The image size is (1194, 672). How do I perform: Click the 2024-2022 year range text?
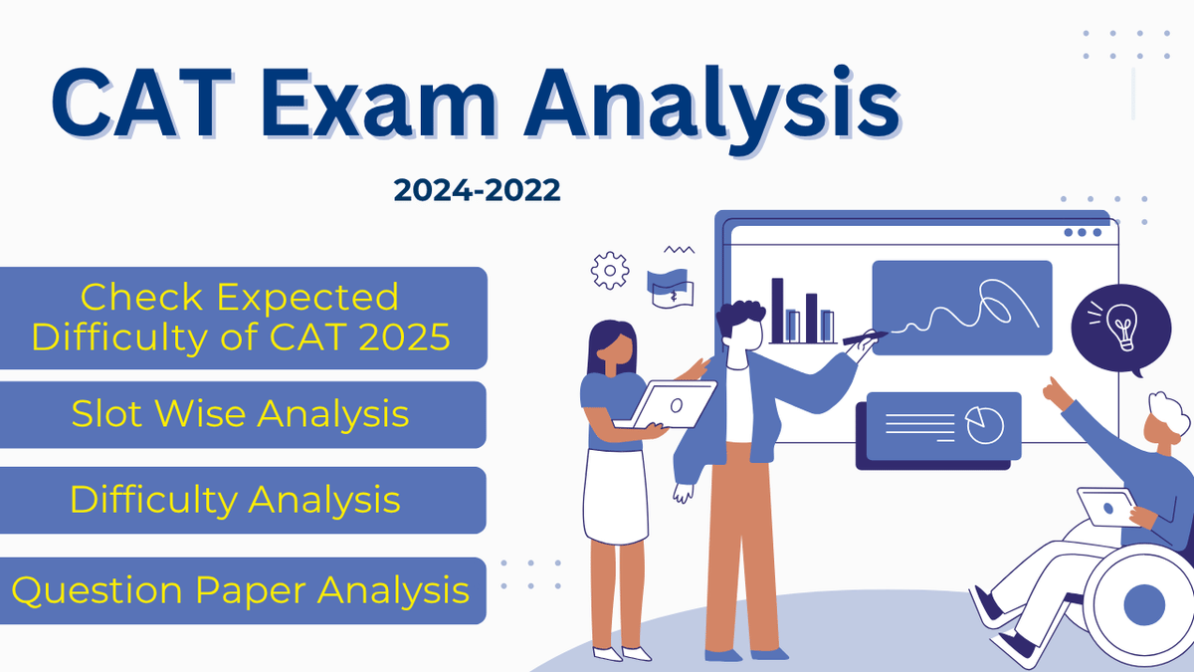coord(477,189)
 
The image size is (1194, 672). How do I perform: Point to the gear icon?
coord(609,270)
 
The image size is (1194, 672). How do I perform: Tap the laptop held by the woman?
coord(675,404)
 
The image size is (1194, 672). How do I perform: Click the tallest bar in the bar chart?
coord(778,310)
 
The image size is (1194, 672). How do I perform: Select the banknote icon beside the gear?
coord(668,285)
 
